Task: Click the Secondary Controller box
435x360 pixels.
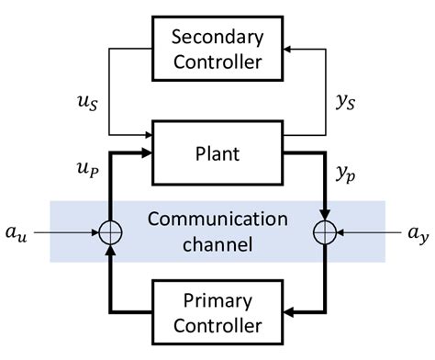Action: point(218,51)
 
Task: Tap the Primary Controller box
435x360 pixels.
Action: point(218,312)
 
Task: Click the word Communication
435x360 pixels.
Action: point(218,220)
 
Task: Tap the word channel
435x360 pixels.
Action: point(218,245)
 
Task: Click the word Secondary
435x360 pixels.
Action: point(218,38)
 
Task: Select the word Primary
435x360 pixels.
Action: point(218,299)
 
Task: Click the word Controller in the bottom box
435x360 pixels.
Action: point(218,325)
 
